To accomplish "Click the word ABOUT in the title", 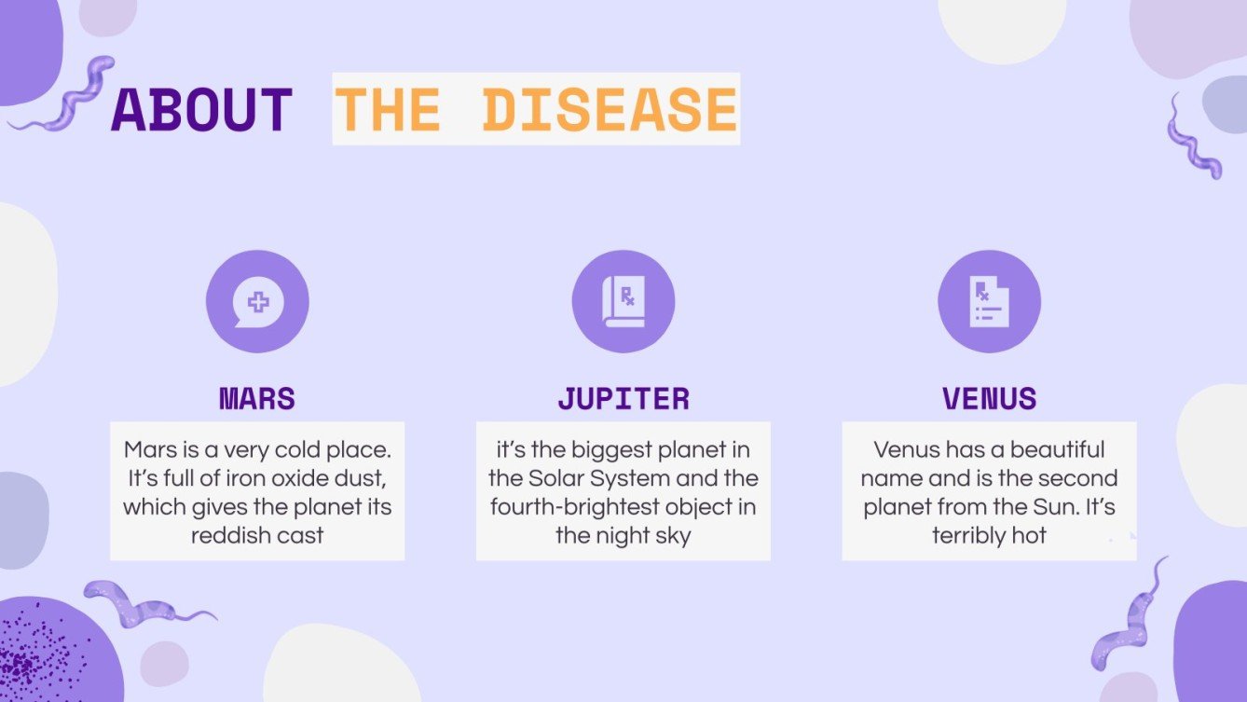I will tap(201, 109).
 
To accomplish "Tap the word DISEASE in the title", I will tap(610, 109).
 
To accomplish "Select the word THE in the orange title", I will tap(387, 109).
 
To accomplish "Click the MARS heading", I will tap(257, 399).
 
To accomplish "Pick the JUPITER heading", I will tap(623, 399).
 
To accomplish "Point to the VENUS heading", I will tap(989, 399).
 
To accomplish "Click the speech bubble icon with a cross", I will tap(257, 302).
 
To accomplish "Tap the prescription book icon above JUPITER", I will tap(623, 302).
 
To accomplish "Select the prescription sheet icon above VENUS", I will tap(989, 302).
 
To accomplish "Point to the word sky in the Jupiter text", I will tap(671, 536).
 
